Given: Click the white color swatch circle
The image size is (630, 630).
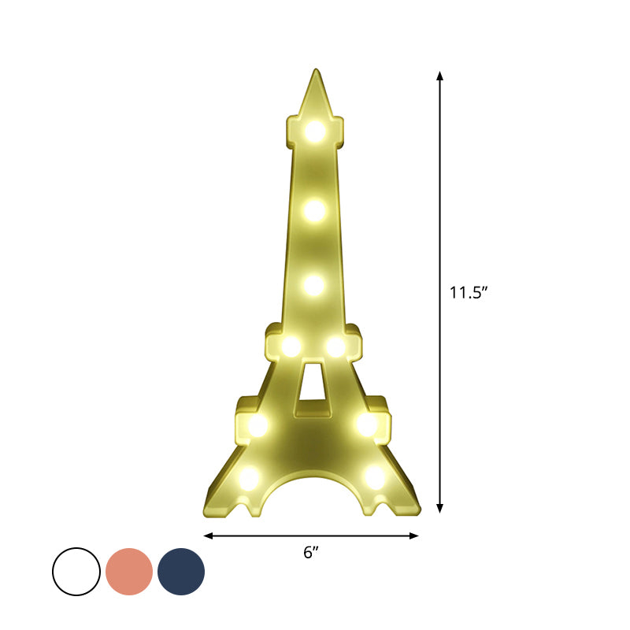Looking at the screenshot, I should point(76,572).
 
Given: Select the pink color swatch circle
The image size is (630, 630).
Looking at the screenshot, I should point(129,572).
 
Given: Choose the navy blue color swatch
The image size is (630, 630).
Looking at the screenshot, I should point(181,572).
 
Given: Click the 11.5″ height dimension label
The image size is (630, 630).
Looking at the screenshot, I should point(469,293).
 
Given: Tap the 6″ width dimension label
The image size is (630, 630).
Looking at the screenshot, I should point(311,553).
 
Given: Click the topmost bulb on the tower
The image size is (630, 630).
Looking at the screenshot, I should point(315,131).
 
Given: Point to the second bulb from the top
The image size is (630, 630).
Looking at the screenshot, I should point(313,209).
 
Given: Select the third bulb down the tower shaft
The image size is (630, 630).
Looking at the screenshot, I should point(313,285).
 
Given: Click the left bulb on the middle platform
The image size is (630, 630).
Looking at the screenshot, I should point(291,346).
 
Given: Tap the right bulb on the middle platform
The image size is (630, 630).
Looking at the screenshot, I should point(336,346).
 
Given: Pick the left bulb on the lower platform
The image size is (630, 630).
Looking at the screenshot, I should point(258,425).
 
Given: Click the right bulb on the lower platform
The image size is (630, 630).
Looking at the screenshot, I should point(367,424).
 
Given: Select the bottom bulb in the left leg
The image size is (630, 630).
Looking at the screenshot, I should point(249,476).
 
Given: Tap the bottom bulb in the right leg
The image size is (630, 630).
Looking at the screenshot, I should point(375,476).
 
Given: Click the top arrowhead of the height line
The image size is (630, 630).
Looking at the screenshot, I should point(440,75).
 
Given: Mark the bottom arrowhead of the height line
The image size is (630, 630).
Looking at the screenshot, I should point(440,510).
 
